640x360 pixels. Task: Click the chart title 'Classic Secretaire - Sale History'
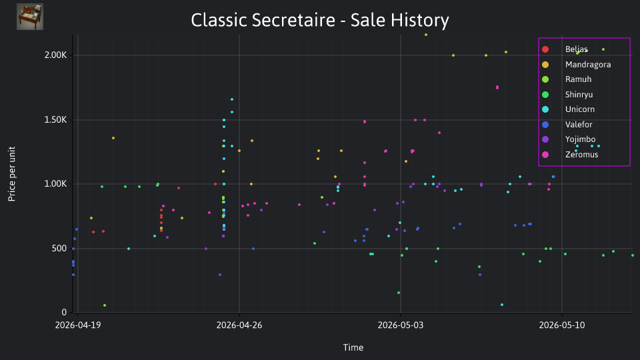point(320,20)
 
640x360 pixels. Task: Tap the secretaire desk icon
point(30,17)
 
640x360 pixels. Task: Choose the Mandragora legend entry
point(576,65)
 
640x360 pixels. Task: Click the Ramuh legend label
point(579,79)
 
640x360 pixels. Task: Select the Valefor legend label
point(579,125)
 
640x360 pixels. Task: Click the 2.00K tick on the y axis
point(55,55)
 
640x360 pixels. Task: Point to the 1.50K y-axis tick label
point(55,119)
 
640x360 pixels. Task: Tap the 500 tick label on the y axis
point(59,249)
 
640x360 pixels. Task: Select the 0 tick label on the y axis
point(64,312)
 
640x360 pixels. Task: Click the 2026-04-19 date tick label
point(78,325)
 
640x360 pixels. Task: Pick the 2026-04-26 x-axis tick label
point(239,325)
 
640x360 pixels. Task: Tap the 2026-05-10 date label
point(562,325)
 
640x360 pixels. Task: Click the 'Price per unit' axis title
point(12,174)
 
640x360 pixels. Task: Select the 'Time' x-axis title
point(353,348)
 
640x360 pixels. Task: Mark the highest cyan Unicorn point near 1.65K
point(232,99)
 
